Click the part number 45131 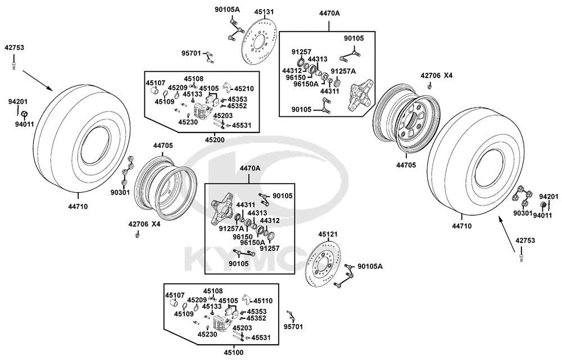point(264,11)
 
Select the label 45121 point(328,234)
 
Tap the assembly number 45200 point(214,140)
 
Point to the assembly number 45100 point(234,353)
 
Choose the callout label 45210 point(244,89)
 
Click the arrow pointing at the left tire point(38,80)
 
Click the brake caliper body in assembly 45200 point(201,111)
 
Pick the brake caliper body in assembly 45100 point(221,323)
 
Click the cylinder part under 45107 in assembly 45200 point(155,90)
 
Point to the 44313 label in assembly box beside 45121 point(257,213)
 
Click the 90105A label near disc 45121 point(370,266)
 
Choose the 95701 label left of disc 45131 point(191,53)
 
